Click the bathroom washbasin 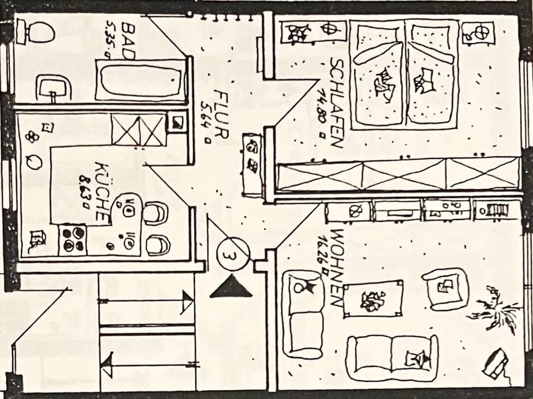(54, 88)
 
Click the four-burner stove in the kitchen (72, 239)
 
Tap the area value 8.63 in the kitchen (85, 192)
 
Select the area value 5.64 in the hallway (207, 121)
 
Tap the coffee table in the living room (373, 298)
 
